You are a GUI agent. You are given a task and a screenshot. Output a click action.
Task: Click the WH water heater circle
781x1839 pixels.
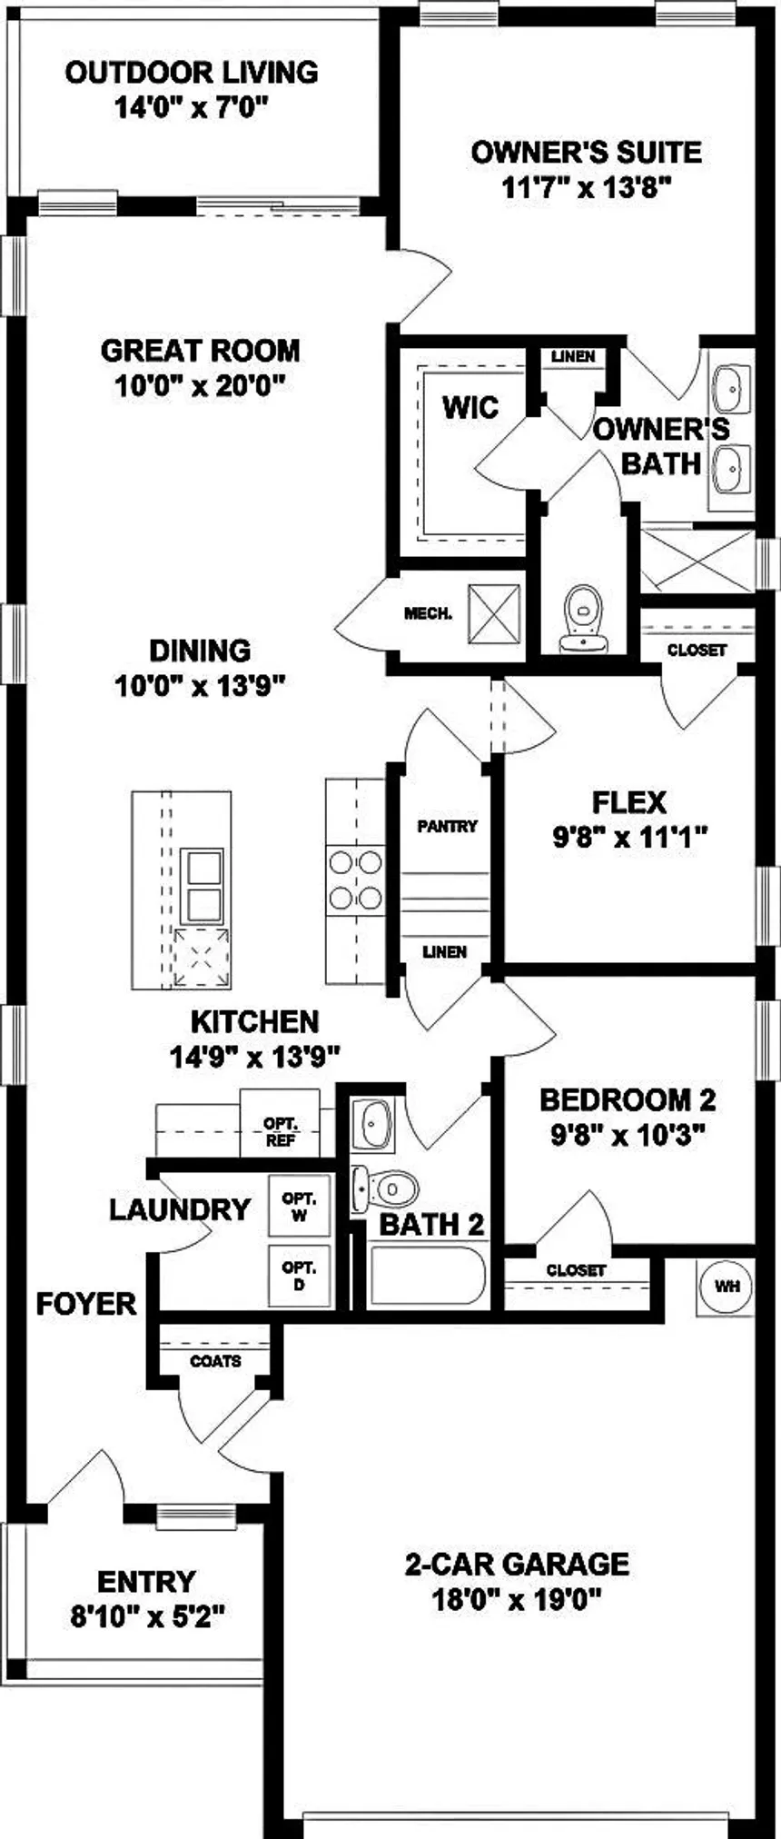727,1286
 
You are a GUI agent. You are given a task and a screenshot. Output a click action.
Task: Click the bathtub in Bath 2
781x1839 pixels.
428,1276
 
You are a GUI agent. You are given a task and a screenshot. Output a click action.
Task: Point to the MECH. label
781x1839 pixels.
428,614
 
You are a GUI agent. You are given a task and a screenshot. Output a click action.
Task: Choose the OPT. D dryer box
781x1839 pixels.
299,1276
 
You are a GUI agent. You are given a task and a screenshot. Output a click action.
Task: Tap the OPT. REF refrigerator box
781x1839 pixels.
280,1124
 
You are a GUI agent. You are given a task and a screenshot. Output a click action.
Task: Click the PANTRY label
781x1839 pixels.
447,826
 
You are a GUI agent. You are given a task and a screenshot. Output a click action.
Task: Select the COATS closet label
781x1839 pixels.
216,1360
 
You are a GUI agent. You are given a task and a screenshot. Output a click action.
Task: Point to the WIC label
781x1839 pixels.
470,407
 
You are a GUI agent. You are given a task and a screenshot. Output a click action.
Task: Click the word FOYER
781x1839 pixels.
86,1304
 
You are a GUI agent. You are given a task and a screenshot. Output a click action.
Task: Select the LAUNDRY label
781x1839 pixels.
180,1209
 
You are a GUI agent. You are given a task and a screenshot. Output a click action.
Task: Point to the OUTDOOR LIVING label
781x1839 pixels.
192,72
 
